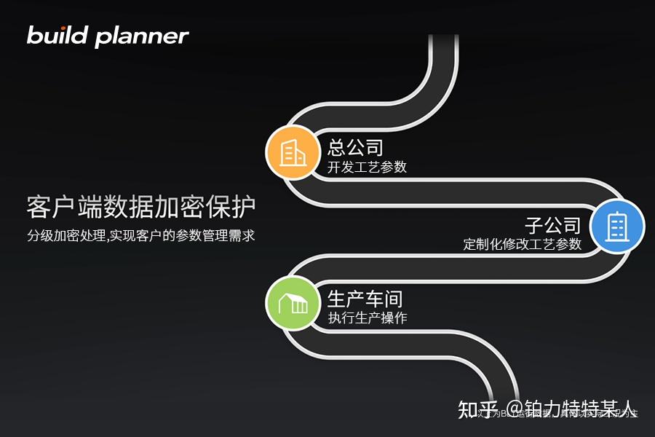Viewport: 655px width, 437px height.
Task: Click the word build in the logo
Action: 57,35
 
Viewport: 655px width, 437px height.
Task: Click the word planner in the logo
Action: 141,36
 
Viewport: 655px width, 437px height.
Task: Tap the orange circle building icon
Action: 293,152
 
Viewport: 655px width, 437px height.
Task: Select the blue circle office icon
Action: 617,227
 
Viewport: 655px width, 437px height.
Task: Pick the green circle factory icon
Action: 293,303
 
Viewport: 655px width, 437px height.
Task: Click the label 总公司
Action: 355,148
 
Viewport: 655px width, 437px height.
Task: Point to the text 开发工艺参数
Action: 367,168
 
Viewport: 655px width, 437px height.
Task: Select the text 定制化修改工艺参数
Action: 523,245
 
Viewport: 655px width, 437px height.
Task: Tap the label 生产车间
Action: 365,299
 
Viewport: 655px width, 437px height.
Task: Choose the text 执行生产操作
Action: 367,318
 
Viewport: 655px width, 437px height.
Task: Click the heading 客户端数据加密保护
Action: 141,208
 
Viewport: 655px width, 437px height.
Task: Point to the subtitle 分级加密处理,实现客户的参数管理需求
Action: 141,236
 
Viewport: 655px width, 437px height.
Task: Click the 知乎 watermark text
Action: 477,409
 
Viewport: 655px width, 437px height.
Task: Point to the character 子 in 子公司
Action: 535,225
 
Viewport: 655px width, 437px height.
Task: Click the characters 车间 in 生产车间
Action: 384,299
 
